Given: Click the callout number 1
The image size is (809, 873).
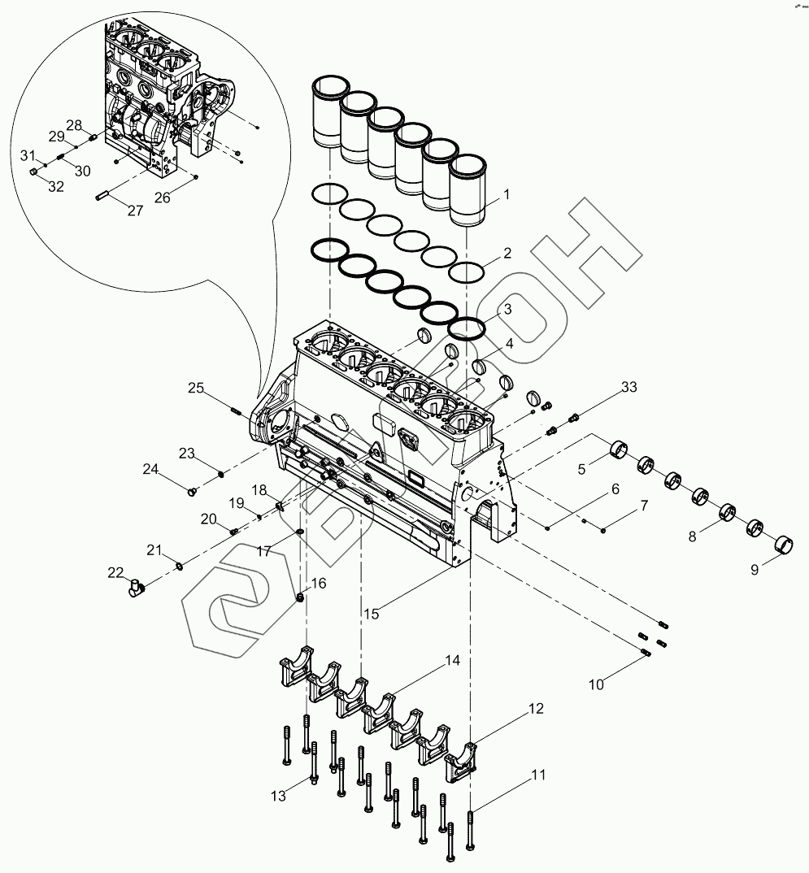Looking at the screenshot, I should pos(506,194).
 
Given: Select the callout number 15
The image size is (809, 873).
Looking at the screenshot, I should pos(371,614).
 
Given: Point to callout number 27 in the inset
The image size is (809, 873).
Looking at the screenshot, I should pos(135,211).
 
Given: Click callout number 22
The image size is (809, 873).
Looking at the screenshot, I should pos(115,572).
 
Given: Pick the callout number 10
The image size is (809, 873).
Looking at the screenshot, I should pos(596,684).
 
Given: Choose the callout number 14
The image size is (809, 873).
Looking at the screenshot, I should pos(452,661).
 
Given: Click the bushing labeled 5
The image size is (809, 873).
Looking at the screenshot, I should pos(620,448).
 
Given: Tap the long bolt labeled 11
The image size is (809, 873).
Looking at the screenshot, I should pos(471,829).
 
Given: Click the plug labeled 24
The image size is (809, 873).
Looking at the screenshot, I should pos(193,491).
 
